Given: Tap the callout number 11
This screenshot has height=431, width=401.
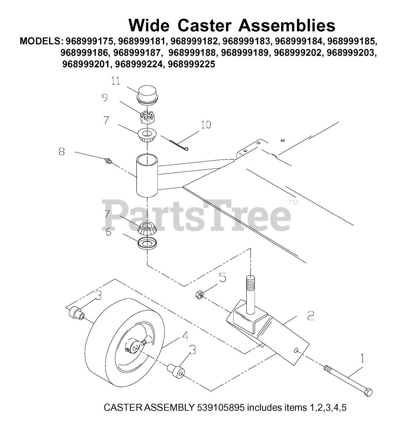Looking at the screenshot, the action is pos(116,81).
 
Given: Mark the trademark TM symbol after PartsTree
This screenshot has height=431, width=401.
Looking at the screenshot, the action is pos(293,202).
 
